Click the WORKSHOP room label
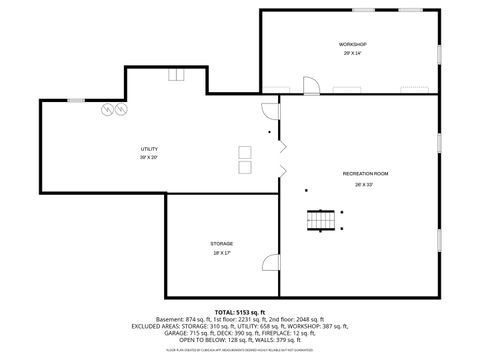[352, 45]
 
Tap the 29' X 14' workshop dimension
[352, 54]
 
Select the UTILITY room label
[149, 149]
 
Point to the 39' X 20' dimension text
[149, 158]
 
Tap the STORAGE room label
[221, 244]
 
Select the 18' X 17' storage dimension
[221, 253]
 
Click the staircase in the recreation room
[320, 220]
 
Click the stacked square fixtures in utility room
[245, 159]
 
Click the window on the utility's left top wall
[76, 100]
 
